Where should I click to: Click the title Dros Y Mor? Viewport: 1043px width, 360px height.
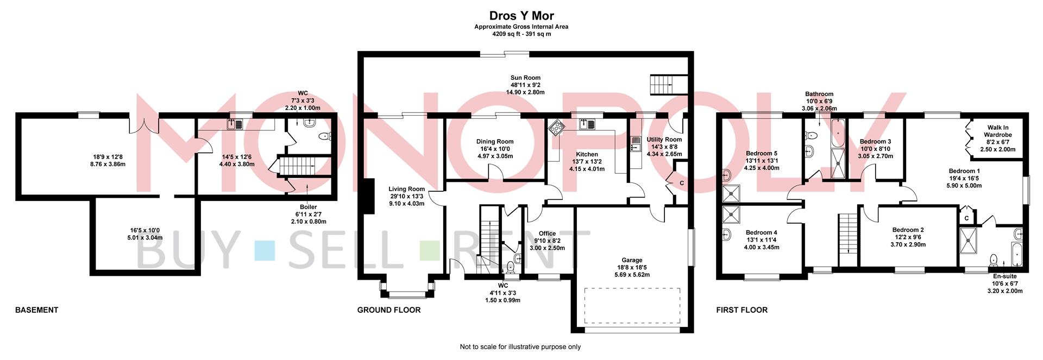pos(521,16)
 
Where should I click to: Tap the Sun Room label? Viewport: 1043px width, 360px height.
pos(525,78)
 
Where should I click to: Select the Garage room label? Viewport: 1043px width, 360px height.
pos(632,260)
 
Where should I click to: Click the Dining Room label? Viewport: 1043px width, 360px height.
pos(494,142)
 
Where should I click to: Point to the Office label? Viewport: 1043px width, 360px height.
pos(547,233)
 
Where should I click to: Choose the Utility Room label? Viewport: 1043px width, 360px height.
pos(664,140)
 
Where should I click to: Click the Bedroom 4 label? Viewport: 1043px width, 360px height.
pos(761,233)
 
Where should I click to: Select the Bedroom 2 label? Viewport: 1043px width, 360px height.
pos(908,230)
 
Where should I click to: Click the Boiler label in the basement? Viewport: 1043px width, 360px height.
pos(309,207)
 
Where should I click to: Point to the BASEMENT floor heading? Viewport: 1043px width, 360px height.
pos(36,310)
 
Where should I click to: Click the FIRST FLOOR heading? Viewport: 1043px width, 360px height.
pos(742,310)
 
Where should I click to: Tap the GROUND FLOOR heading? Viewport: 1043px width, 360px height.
pos(389,310)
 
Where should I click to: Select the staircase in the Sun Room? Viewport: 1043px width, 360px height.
pos(662,84)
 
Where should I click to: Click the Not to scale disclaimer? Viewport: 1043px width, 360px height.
pos(520,347)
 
